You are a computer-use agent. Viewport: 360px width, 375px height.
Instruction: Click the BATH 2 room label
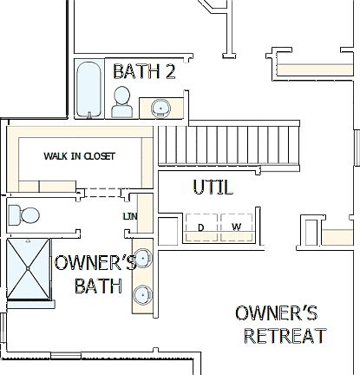click(x=144, y=72)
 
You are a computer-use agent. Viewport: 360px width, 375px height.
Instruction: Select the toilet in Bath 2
click(x=123, y=102)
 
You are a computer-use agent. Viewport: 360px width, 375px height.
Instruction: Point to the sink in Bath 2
click(x=159, y=108)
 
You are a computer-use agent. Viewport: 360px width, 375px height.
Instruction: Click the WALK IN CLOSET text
click(x=79, y=156)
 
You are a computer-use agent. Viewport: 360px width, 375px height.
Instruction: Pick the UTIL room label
click(x=212, y=187)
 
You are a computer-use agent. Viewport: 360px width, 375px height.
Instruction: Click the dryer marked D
click(x=201, y=227)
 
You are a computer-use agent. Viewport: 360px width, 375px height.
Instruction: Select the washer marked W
click(x=235, y=227)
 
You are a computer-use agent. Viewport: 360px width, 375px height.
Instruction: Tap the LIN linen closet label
click(x=129, y=216)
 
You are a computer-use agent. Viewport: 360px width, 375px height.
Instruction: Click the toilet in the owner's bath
click(x=24, y=214)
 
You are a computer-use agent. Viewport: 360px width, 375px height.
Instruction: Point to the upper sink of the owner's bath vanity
click(x=143, y=258)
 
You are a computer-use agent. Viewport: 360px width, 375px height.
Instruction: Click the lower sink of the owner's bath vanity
click(x=142, y=293)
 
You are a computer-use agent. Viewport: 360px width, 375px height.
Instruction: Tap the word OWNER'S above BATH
click(x=95, y=264)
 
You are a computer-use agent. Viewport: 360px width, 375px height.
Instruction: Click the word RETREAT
click(x=285, y=336)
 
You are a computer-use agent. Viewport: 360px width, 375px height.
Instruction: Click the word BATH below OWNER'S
click(x=98, y=286)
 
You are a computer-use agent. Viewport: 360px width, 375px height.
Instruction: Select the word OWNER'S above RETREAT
click(x=277, y=313)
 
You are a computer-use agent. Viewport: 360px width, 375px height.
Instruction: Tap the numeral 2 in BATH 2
click(x=171, y=72)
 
